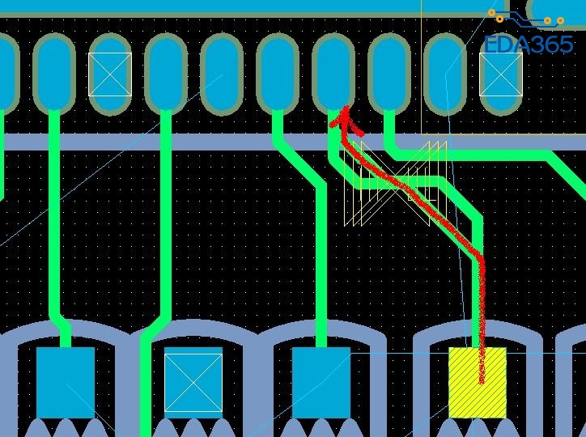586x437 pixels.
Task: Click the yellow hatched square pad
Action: (478, 382)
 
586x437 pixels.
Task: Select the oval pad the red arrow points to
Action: (333, 73)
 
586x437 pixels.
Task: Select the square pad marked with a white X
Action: (193, 382)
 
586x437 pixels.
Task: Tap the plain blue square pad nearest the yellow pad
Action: (321, 382)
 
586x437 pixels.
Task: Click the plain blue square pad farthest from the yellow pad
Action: (66, 382)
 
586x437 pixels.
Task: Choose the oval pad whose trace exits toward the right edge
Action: (389, 73)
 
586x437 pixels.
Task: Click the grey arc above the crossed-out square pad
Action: (193, 331)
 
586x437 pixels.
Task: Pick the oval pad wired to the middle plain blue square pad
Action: (278, 73)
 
